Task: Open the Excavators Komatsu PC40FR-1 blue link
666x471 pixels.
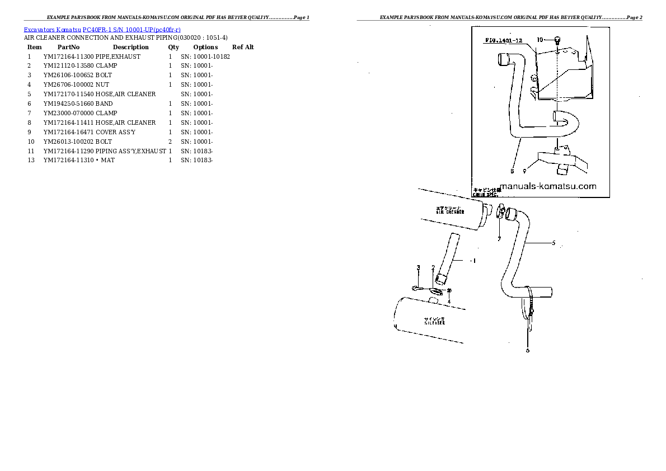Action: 102,29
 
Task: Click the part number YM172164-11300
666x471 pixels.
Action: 68,56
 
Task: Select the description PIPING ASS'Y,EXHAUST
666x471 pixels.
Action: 131,151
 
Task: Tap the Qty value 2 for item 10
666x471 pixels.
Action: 170,142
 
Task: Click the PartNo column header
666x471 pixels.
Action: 68,47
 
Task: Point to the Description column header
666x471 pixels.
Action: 130,47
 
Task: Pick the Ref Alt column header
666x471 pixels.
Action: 243,47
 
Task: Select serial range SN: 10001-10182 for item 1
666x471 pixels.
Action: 205,56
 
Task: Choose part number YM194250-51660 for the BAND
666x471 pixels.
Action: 68,103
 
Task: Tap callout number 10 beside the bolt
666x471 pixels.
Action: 540,40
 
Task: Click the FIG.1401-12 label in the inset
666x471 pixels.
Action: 504,41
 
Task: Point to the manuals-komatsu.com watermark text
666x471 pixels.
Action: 547,187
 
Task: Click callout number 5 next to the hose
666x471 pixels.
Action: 553,243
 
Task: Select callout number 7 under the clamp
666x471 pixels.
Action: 499,239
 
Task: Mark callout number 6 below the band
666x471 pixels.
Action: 527,351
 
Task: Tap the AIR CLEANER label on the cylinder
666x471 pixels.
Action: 451,211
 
